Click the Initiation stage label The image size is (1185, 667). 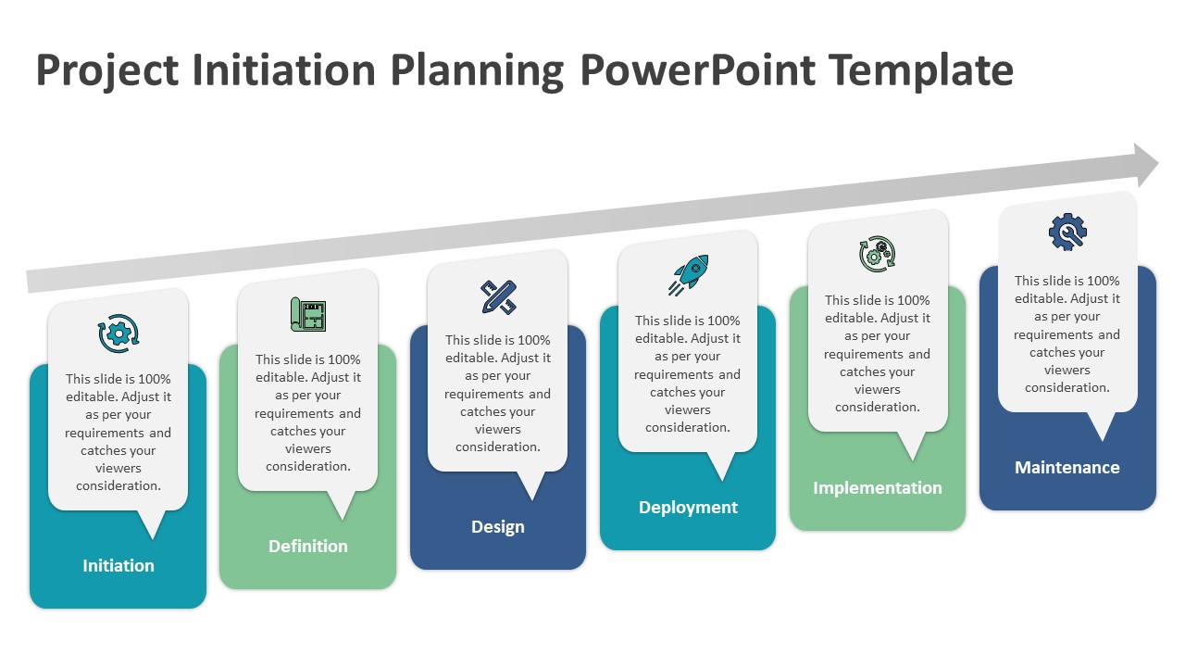pyautogui.click(x=118, y=565)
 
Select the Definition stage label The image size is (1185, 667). pyautogui.click(x=308, y=546)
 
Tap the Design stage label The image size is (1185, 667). pyautogui.click(x=498, y=526)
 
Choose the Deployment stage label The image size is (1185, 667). pyautogui.click(x=688, y=507)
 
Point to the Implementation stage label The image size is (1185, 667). pyautogui.click(x=878, y=487)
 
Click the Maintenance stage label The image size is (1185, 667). pyautogui.click(x=1067, y=467)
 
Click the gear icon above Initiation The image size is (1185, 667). pyautogui.click(x=118, y=333)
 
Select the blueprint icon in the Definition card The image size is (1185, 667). pyautogui.click(x=308, y=314)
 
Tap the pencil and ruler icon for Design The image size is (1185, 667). pyautogui.click(x=498, y=296)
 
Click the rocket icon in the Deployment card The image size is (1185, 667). pyautogui.click(x=688, y=275)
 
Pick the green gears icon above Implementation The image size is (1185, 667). pyautogui.click(x=878, y=254)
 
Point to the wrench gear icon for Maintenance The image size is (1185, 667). pyautogui.click(x=1067, y=233)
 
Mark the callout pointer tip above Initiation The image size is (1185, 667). pyautogui.click(x=152, y=535)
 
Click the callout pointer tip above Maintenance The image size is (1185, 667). pyautogui.click(x=1102, y=437)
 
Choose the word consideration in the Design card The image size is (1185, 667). pyautogui.click(x=498, y=447)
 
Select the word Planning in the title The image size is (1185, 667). pyautogui.click(x=477, y=71)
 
